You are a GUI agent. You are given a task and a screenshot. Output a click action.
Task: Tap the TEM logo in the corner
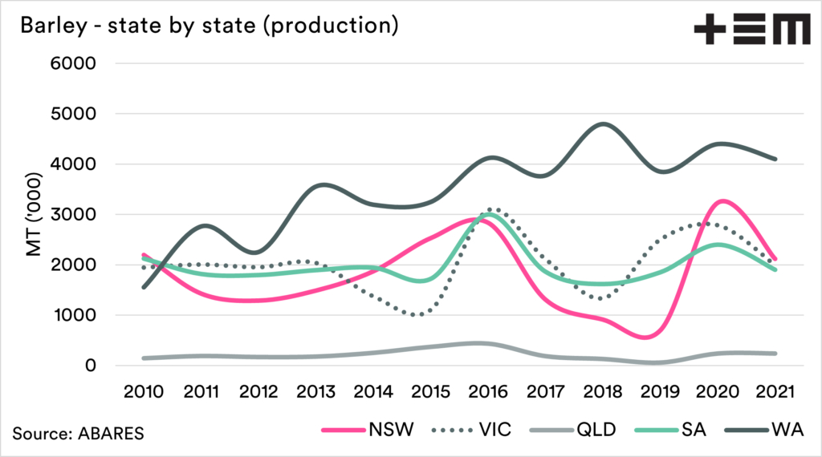click(751, 29)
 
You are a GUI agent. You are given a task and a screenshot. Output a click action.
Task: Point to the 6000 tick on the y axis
click(74, 64)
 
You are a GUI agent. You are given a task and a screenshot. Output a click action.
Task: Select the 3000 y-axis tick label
click(74, 215)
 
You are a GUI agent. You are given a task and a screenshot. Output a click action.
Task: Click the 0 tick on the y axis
click(91, 366)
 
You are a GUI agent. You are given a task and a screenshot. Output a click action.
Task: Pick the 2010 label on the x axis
click(145, 394)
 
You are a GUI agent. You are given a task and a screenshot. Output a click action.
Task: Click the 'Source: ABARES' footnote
click(79, 433)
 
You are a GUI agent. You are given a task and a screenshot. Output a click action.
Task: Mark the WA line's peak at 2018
click(604, 124)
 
